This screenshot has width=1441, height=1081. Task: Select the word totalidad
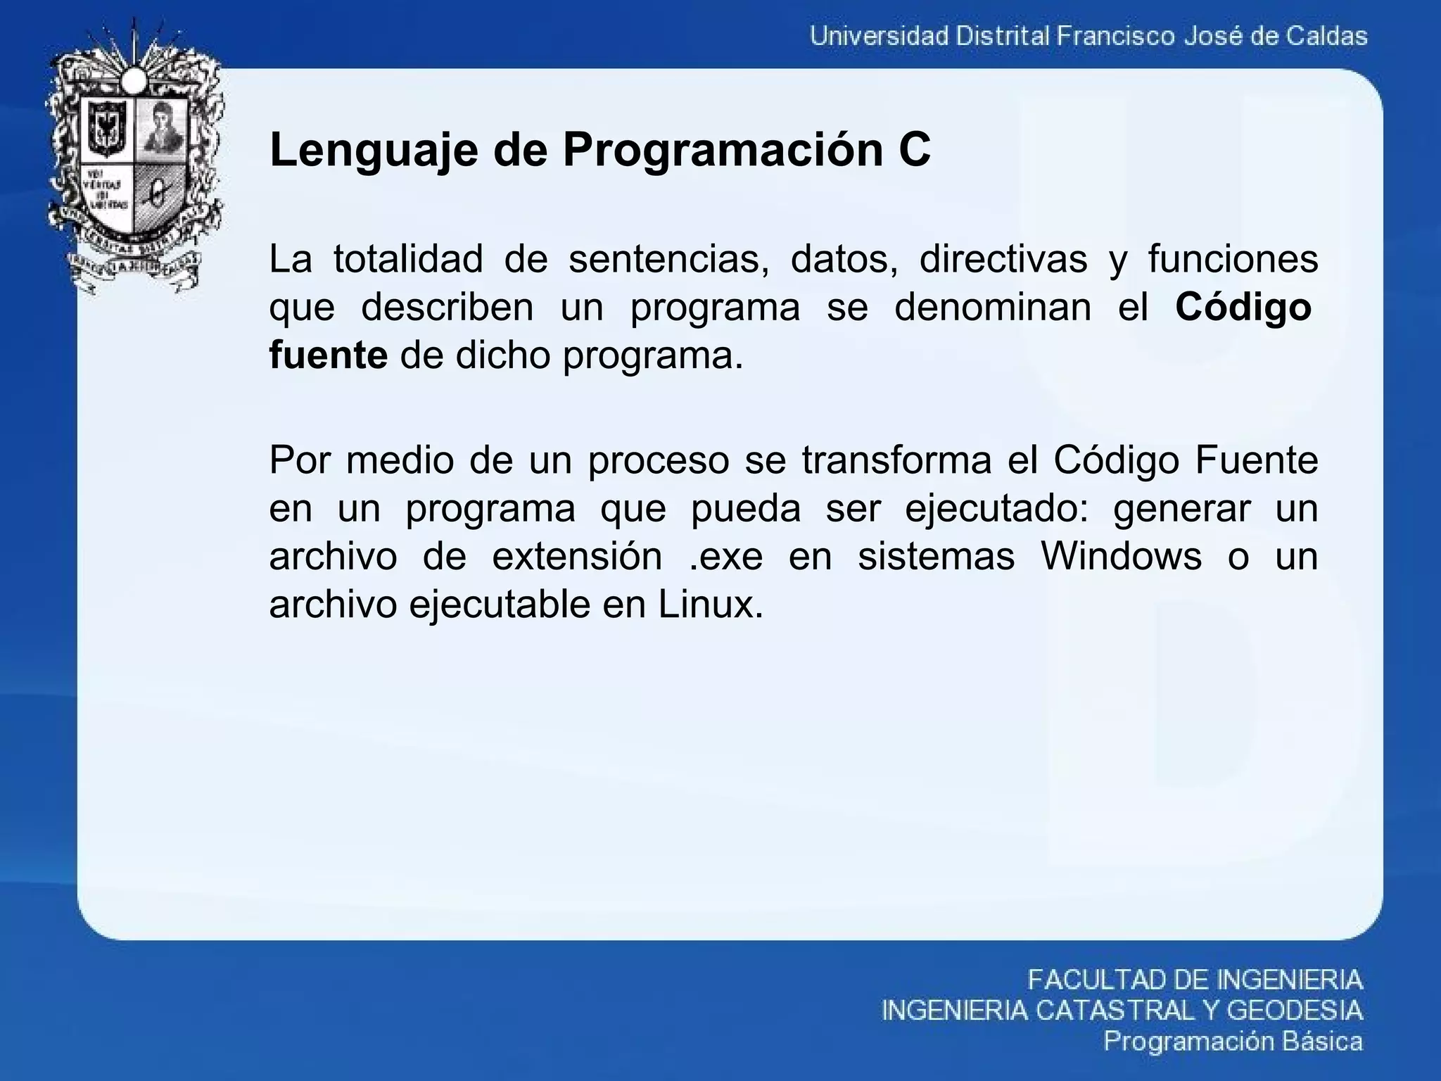coord(408,258)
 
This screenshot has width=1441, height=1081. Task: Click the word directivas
coord(1003,258)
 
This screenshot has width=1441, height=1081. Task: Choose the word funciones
coord(1233,258)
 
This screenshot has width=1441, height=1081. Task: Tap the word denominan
coord(992,307)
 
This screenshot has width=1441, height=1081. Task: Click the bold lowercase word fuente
coord(328,355)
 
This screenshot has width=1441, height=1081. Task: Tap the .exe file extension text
coord(725,557)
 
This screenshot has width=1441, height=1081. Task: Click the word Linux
coord(710,605)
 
